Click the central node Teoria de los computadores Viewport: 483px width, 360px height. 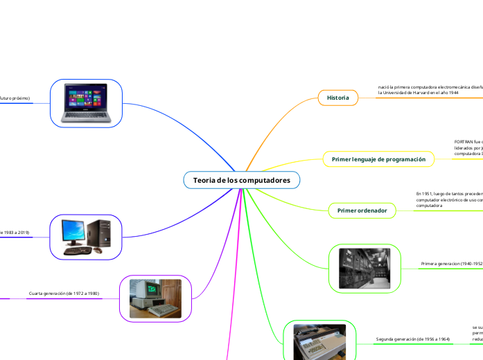tap(241, 181)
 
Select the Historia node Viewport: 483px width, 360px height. tap(338, 98)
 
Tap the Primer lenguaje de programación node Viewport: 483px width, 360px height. tap(378, 159)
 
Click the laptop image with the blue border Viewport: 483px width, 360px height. tap(87, 103)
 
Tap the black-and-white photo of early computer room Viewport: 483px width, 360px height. tap(365, 267)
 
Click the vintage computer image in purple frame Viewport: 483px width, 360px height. tap(155, 298)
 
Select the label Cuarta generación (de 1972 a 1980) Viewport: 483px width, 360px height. tap(64, 294)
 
